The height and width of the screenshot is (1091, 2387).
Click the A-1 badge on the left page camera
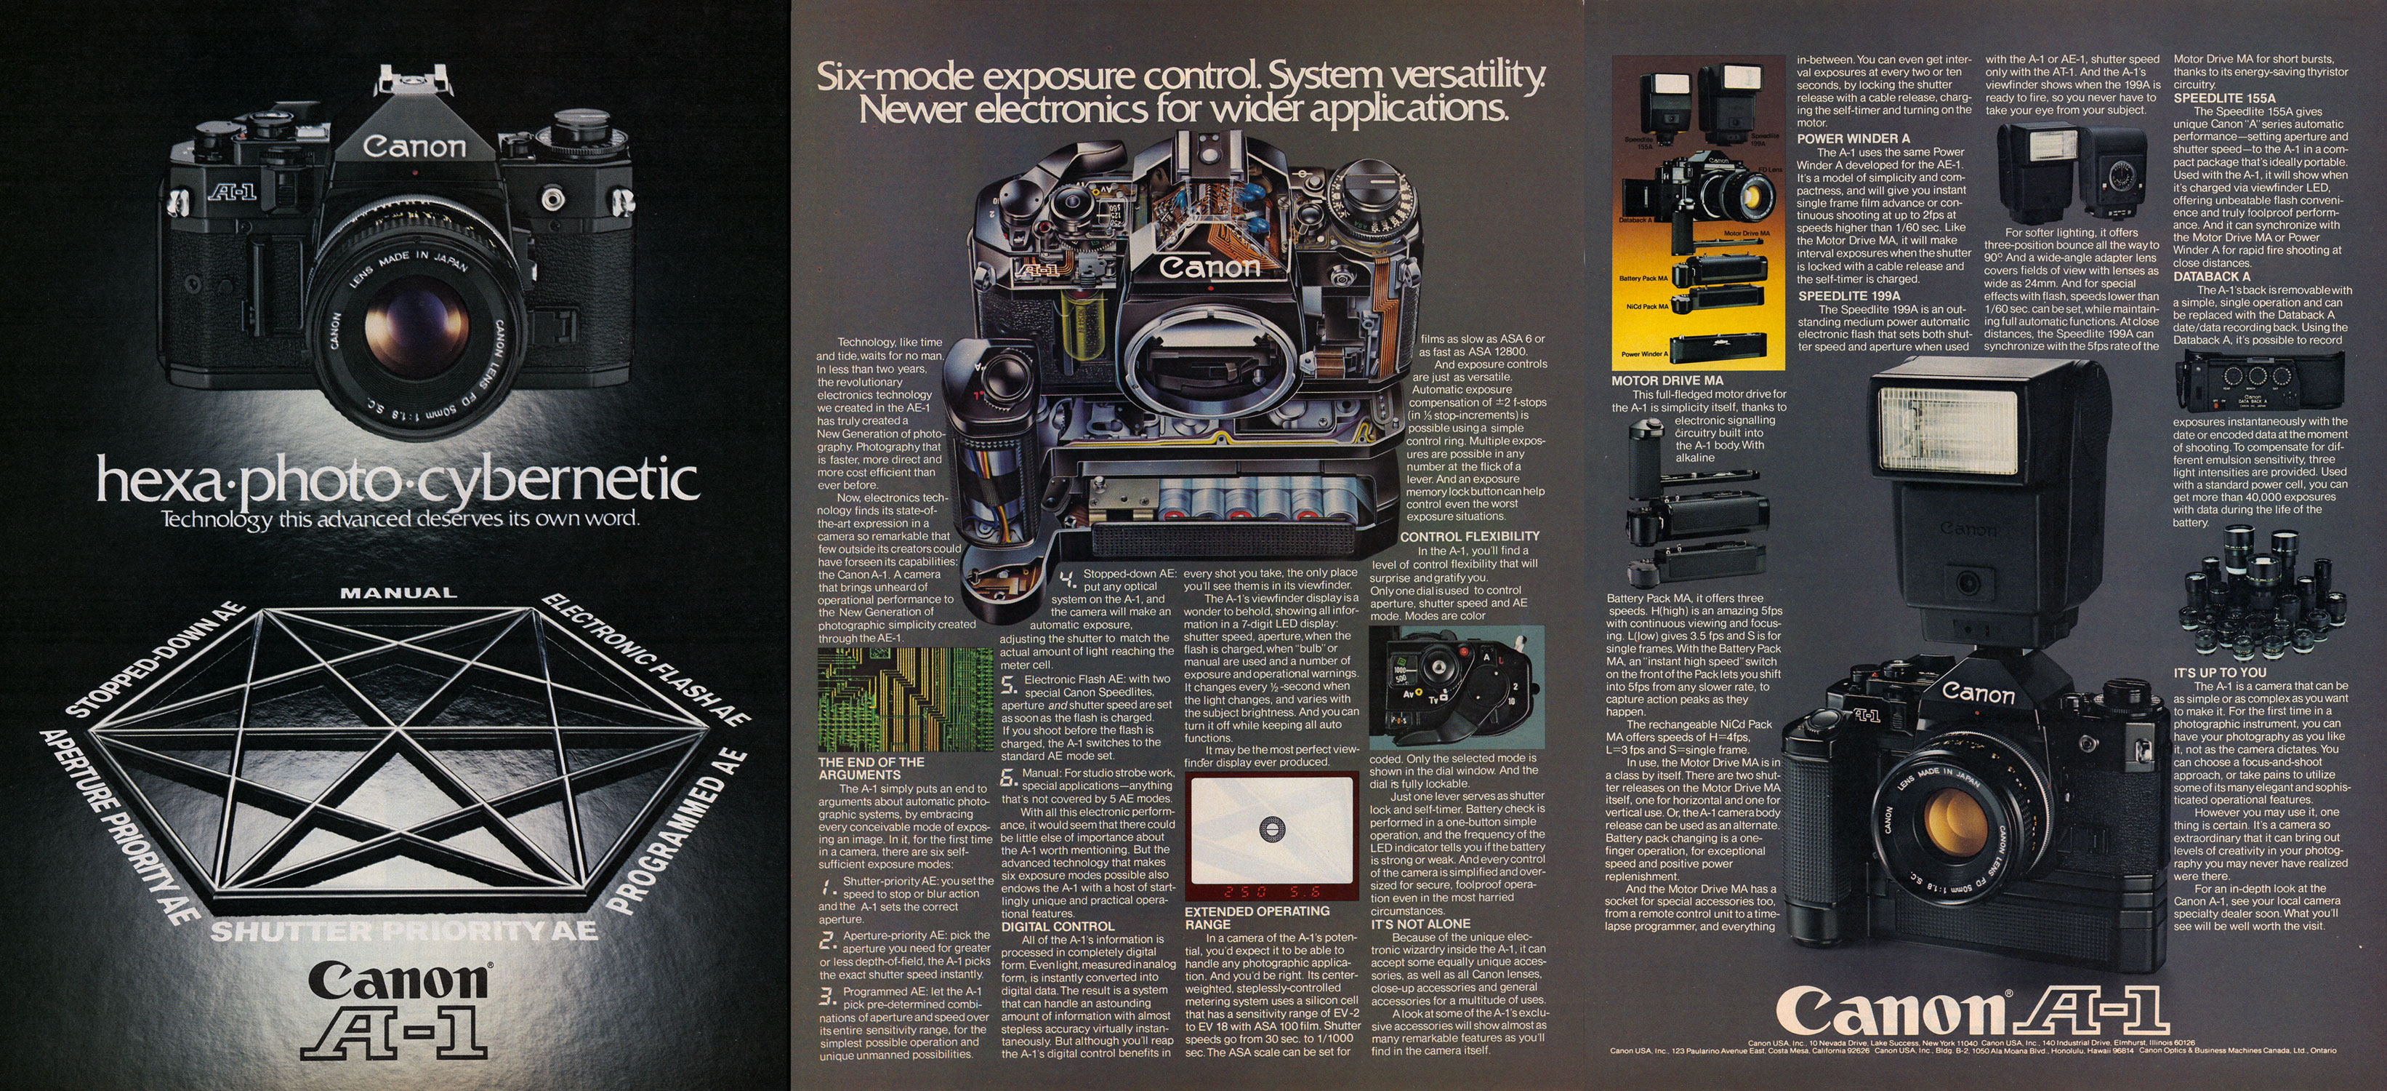[x=235, y=192]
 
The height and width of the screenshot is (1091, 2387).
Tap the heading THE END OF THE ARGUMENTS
[x=871, y=768]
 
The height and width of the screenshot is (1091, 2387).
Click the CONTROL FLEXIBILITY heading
[x=1470, y=537]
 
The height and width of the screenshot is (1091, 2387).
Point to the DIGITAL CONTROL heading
[x=1058, y=926]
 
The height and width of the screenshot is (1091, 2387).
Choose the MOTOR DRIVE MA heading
[x=1667, y=381]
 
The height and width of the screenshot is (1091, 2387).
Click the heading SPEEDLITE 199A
[x=1850, y=297]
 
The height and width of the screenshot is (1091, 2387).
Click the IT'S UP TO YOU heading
[x=2221, y=673]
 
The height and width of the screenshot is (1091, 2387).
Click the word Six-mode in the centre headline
[x=895, y=76]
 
